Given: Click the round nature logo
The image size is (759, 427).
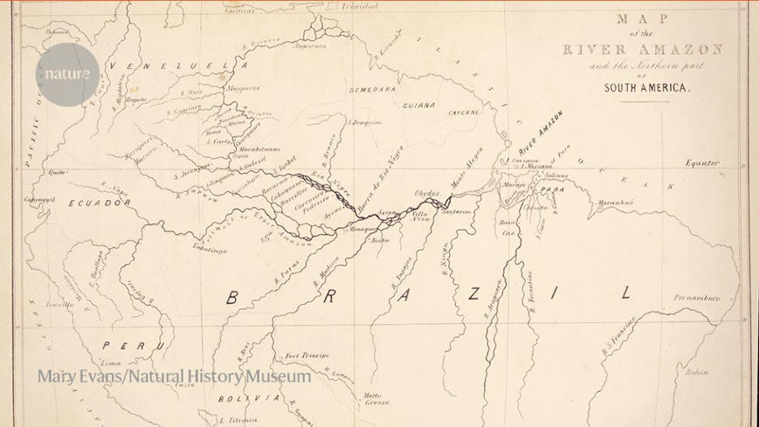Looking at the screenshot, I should pos(67,74).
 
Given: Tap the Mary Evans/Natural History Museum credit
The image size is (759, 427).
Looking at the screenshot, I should pos(174,376).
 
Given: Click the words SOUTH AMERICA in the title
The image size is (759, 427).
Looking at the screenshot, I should pos(647,88).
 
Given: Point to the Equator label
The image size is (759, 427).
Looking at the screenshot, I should pos(702,163).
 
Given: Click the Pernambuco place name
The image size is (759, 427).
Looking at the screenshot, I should pos(697,298).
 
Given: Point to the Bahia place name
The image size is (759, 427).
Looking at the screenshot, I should pos(697,372).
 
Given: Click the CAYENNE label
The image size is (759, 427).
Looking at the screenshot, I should pos(465,113).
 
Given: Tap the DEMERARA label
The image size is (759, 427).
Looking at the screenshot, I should pos(373,90).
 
